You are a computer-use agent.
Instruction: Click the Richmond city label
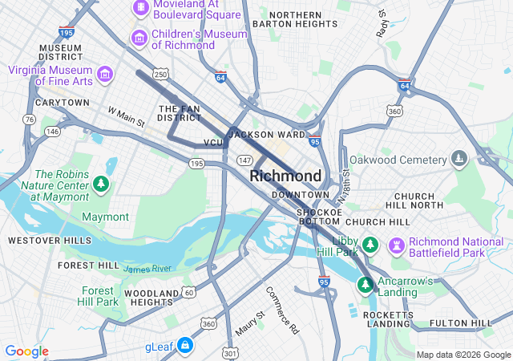click(285, 176)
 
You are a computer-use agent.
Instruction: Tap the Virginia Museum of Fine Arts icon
click(105, 75)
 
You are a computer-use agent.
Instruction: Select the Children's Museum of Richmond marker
click(139, 38)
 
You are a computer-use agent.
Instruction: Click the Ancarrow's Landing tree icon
click(366, 284)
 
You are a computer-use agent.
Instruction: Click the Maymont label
click(105, 217)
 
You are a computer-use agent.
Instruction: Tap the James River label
click(147, 268)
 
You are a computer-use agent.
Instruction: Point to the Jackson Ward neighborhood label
click(267, 135)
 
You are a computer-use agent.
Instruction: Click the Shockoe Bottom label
click(320, 217)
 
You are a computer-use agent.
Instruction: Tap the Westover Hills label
click(38, 240)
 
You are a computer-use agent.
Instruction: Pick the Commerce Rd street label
click(282, 310)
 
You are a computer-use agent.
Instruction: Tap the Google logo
click(26, 351)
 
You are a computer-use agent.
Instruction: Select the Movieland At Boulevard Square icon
click(140, 7)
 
